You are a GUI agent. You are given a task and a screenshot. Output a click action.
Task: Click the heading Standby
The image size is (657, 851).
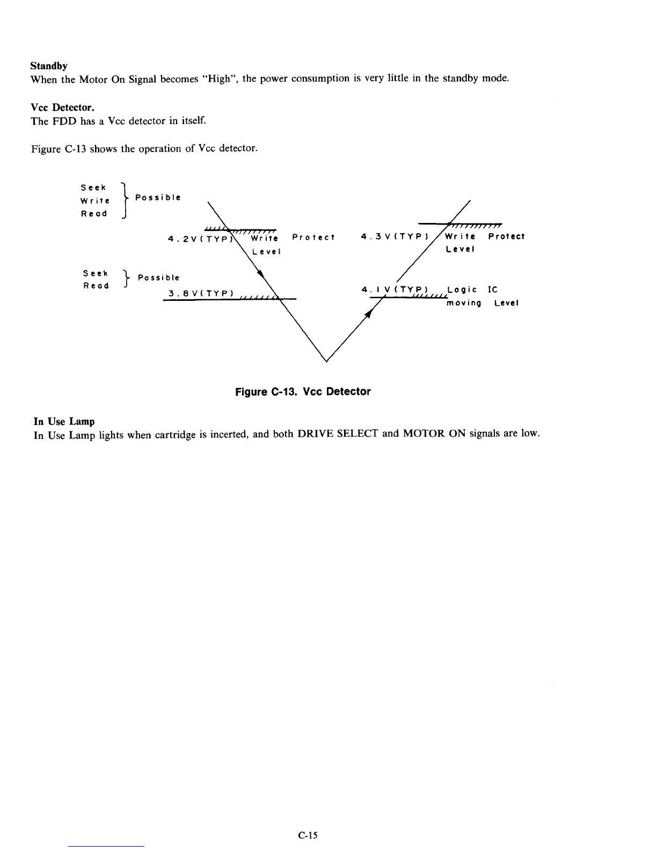coord(49,66)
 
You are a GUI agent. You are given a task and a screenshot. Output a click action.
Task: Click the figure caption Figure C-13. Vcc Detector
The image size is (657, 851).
coord(303,392)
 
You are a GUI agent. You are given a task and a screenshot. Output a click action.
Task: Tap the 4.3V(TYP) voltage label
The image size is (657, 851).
coord(395,236)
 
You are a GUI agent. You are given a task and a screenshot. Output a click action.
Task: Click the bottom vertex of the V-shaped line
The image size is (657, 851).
coord(326,362)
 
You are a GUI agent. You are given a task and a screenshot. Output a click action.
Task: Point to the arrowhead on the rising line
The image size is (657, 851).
coord(369,314)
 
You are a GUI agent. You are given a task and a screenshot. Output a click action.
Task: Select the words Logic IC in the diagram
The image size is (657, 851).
coord(472,290)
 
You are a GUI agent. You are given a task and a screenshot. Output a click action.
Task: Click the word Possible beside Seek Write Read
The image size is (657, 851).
coord(158,197)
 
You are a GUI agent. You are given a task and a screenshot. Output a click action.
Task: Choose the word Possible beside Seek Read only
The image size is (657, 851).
coord(158,278)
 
